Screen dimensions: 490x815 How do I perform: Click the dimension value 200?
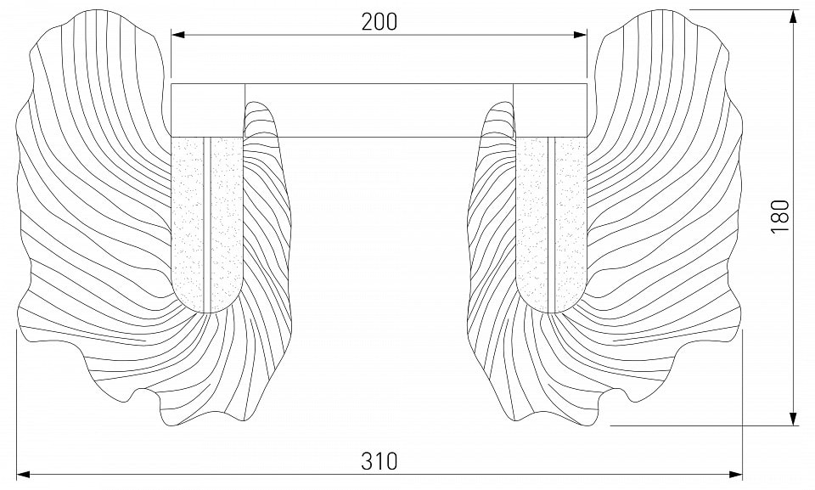pos(379,22)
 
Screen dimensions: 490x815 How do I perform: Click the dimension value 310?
pos(379,461)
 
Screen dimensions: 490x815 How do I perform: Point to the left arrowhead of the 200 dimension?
pos(177,35)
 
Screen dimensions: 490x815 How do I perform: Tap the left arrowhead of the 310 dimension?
pos(23,474)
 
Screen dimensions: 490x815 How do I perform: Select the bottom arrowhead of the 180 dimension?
pos(793,418)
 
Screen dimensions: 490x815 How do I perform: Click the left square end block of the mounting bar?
pos(208,110)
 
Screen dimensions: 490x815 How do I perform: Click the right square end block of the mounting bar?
pos(550,110)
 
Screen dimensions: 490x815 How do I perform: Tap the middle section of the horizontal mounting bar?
pos(379,110)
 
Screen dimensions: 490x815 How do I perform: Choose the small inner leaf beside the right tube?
pos(492,255)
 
